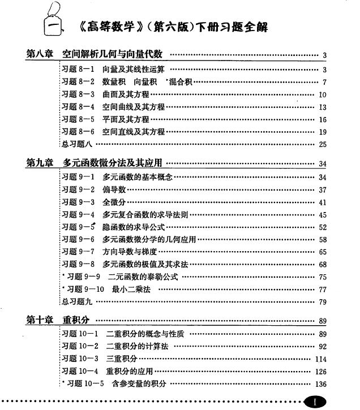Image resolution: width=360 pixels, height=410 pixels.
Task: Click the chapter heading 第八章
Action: pos(40,54)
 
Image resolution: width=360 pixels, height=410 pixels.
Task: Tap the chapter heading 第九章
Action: pos(40,163)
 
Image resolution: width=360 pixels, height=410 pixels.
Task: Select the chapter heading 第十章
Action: pos(40,320)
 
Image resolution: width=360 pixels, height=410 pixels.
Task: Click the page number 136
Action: pos(321,384)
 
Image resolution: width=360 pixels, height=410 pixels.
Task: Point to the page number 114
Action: pos(321,359)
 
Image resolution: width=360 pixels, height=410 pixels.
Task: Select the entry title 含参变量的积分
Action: pos(139,384)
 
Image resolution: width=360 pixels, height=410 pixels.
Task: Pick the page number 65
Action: pos(323,252)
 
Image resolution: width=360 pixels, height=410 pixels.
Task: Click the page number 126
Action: pos(321,372)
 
